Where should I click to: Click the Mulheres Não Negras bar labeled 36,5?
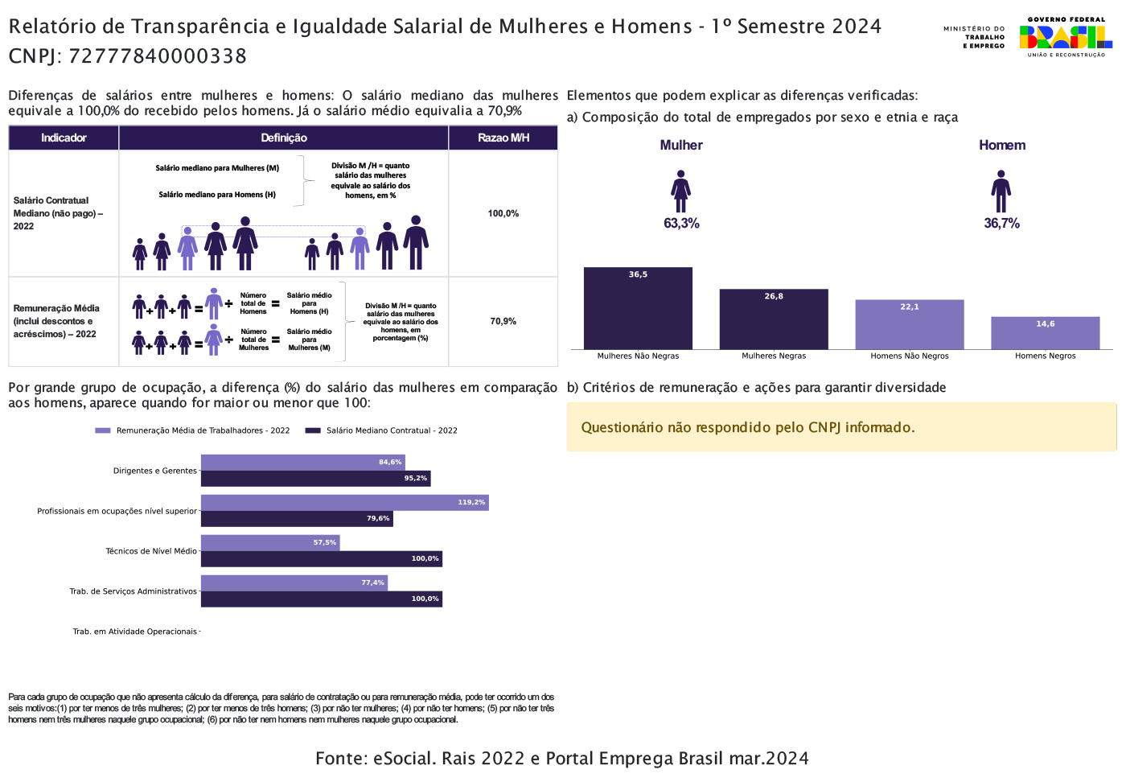point(638,308)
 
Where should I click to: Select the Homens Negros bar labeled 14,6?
point(1045,333)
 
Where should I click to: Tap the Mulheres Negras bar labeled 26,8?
point(774,319)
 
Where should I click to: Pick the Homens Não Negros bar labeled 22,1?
point(909,324)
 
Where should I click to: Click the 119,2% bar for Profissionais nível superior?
point(344,503)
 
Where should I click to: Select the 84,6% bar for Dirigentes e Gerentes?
point(302,463)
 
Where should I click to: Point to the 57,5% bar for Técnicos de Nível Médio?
point(270,543)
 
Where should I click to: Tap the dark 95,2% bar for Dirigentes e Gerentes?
point(315,479)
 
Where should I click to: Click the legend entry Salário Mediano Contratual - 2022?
point(381,430)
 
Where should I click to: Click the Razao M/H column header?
point(503,138)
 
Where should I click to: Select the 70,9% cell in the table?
point(503,321)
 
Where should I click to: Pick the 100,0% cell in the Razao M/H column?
point(503,213)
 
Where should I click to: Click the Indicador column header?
point(64,138)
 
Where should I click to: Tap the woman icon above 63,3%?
point(681,191)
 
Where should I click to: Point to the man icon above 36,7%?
point(1001,191)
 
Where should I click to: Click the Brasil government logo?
point(1066,37)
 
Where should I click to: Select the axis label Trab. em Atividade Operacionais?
point(134,632)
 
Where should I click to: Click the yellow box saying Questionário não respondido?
point(841,427)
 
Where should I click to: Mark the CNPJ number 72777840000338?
point(158,56)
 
